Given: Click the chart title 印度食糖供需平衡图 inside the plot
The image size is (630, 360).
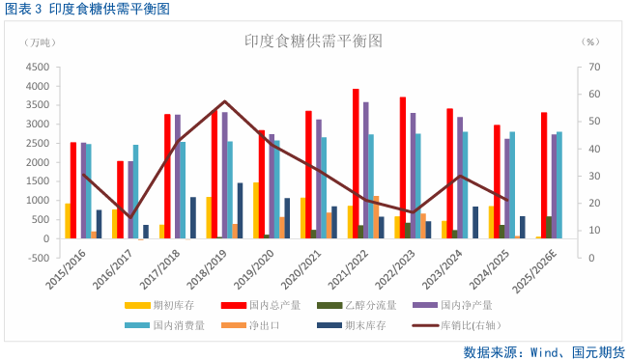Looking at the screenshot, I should point(313,42).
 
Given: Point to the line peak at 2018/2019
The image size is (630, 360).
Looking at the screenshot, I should point(225,101).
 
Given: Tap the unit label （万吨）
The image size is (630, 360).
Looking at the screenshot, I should point(42,42).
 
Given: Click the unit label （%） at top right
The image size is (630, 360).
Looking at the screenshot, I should point(590,42).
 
